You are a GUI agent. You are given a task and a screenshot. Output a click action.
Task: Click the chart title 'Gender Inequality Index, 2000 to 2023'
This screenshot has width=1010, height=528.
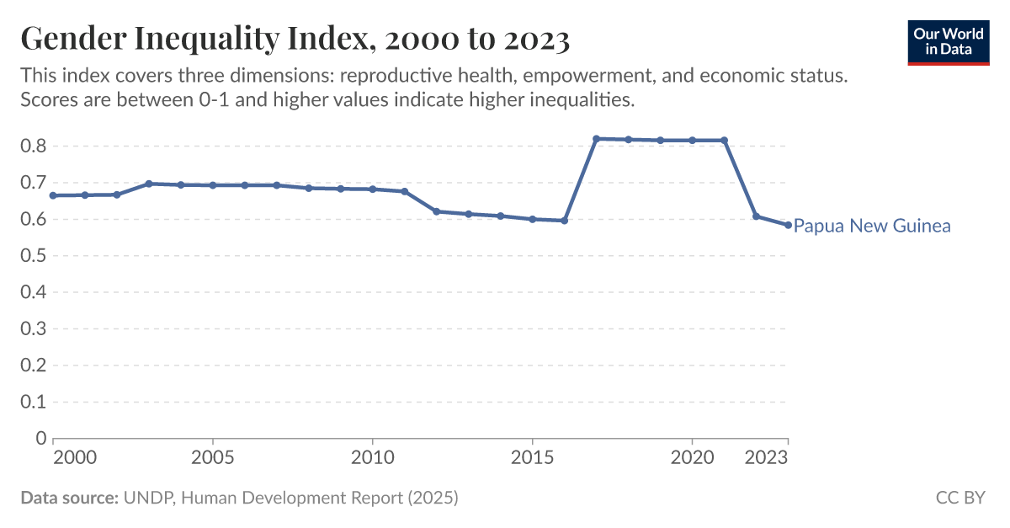(295, 39)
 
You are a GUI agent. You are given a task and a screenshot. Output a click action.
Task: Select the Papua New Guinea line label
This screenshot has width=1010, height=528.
(872, 226)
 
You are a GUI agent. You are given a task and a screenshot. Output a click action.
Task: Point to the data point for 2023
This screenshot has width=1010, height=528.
(788, 225)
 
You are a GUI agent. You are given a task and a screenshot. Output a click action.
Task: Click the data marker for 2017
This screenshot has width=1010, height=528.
(596, 139)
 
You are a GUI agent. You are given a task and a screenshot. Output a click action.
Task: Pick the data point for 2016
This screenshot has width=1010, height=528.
(564, 221)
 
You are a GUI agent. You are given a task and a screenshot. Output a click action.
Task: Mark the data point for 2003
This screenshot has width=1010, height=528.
(149, 184)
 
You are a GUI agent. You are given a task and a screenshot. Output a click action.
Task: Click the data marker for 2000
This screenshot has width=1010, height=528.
(53, 195)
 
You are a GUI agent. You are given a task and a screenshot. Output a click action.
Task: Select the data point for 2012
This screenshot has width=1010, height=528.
(436, 211)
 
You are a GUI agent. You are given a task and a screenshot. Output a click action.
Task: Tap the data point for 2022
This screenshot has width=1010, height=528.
(756, 216)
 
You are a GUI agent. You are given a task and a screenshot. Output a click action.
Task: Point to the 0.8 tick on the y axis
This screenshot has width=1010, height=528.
(33, 147)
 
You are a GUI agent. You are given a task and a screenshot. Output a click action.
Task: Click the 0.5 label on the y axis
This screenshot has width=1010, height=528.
(33, 256)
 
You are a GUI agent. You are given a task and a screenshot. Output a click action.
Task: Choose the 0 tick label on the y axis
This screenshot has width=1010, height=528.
(40, 438)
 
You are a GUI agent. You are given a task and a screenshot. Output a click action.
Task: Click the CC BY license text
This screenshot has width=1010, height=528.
(959, 498)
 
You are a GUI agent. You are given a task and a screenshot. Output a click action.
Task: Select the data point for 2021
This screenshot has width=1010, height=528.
(724, 141)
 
